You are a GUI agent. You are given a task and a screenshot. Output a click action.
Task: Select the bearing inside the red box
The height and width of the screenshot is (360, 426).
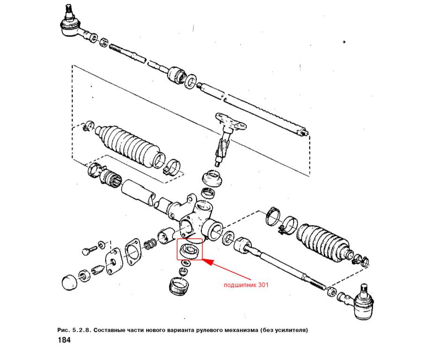click(189, 250)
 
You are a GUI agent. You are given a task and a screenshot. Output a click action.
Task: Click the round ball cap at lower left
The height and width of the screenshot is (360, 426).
click(70, 282)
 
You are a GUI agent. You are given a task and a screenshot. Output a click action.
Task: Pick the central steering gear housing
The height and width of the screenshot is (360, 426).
click(197, 218)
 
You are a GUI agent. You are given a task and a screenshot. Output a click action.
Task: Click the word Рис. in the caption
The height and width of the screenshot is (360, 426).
click(63, 330)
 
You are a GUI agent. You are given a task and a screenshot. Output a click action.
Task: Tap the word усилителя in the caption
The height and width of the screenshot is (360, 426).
click(289, 330)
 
